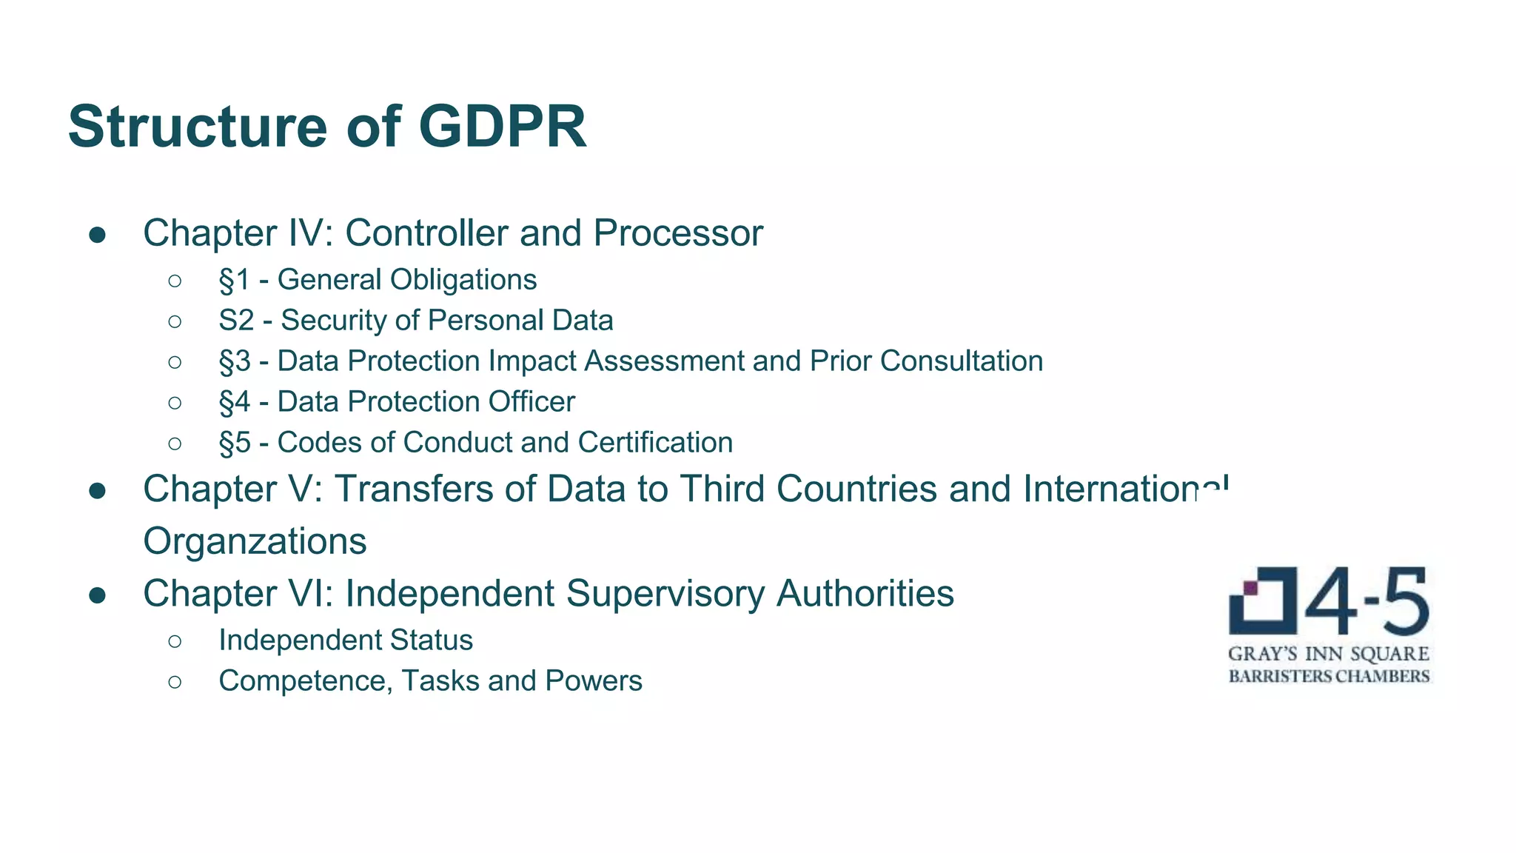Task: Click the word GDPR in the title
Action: [x=503, y=127]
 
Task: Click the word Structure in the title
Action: [x=197, y=127]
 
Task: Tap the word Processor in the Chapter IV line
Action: [x=677, y=233]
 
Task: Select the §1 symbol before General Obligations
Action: [x=235, y=280]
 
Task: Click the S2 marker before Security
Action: [x=236, y=321]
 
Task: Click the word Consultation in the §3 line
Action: [x=962, y=361]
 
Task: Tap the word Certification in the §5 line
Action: [x=655, y=443]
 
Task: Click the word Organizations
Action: [x=255, y=541]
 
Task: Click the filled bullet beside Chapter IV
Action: [x=98, y=235]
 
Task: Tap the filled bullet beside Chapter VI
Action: [x=98, y=595]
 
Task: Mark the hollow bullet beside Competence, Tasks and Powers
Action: [x=175, y=682]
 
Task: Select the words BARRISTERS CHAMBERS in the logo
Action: [x=1329, y=676]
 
